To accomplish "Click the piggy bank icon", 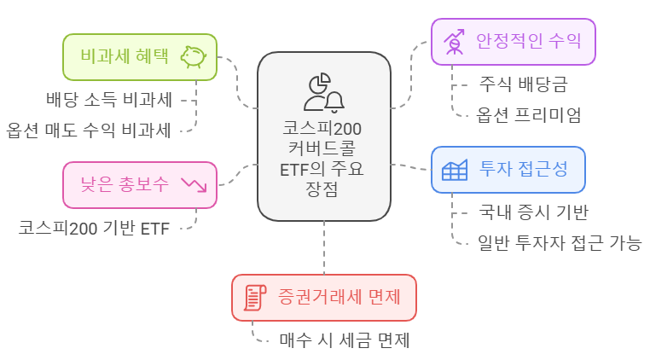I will [194, 57].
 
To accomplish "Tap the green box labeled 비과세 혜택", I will [128, 57].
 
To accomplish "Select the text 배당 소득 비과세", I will [109, 100].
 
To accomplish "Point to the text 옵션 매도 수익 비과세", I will [90, 131].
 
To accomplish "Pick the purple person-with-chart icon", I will [455, 40].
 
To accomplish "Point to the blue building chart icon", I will [455, 169].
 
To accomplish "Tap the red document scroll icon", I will [255, 297].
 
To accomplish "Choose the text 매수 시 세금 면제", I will [345, 340].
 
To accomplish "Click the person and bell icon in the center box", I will [324, 93].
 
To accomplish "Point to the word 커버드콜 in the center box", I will [324, 149].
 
